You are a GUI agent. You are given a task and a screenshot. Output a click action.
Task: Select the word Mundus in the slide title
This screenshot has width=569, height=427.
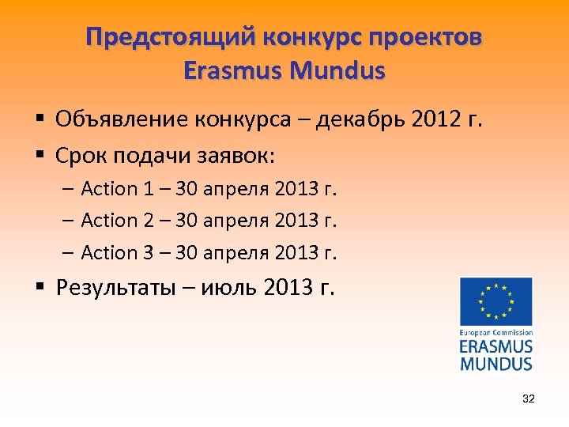pos(338,71)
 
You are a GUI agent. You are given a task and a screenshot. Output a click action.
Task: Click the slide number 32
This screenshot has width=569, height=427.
pos(528,399)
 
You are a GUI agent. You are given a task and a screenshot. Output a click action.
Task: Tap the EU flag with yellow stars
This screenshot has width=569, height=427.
pos(496,301)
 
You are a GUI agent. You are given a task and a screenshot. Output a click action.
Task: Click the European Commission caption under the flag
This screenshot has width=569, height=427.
pos(496,333)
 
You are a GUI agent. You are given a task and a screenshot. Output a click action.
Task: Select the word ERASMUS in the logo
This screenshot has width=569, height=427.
pos(496,347)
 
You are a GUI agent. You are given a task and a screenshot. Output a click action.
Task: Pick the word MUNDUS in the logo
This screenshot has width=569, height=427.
pos(496,364)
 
